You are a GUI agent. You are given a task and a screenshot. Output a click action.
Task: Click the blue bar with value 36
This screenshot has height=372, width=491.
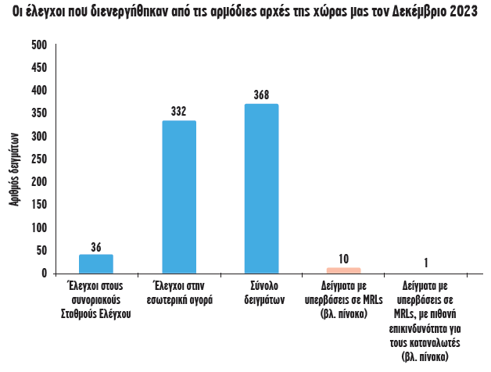pos(96,264)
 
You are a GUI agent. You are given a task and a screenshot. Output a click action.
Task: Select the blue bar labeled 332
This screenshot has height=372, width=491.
pos(178,197)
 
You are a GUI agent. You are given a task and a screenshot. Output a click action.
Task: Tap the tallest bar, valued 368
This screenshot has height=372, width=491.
pos(261,188)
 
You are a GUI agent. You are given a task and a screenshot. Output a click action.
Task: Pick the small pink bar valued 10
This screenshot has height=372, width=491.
pos(344,270)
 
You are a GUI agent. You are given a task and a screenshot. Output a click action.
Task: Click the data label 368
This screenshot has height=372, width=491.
pos(261,95)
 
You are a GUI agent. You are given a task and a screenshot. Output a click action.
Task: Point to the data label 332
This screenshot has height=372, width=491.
pos(178,112)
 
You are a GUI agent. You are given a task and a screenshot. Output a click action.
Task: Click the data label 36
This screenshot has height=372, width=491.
pos(96,247)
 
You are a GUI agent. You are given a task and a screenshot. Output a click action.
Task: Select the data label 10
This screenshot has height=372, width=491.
pos(344,259)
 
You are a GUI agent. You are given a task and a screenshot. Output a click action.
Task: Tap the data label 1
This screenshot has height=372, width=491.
pos(426,263)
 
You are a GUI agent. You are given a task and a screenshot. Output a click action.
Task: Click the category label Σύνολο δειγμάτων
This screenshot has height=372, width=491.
pos(261,292)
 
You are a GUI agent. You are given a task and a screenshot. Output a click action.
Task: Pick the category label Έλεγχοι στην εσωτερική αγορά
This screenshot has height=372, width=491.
pos(178,292)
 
